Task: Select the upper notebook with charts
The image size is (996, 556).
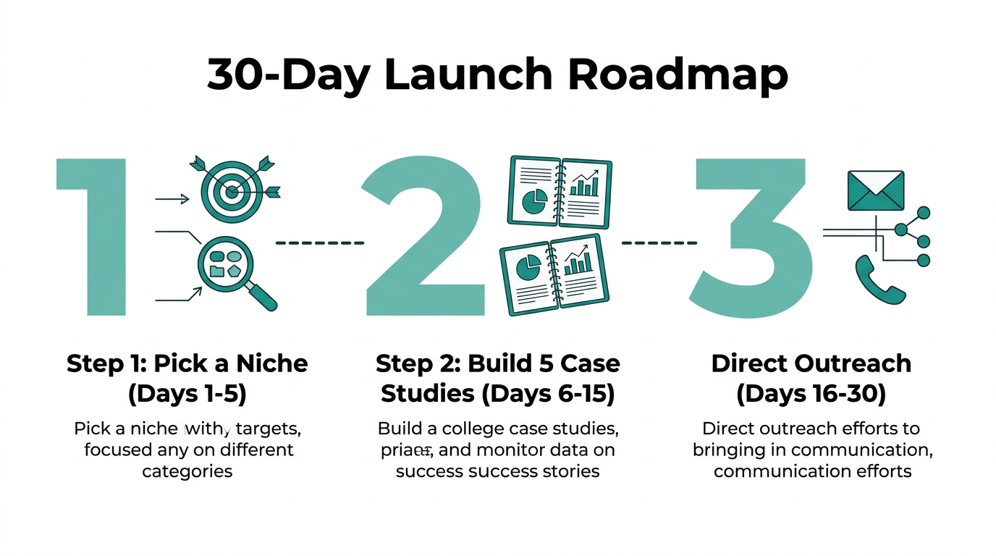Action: click(x=557, y=190)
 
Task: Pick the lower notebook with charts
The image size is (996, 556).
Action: click(x=554, y=274)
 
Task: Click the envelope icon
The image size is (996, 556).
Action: click(x=875, y=191)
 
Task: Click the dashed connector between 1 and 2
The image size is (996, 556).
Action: click(x=320, y=243)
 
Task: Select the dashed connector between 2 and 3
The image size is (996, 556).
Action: click(x=659, y=243)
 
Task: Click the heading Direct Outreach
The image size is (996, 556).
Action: click(x=811, y=363)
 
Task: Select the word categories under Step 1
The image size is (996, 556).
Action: click(x=187, y=471)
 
